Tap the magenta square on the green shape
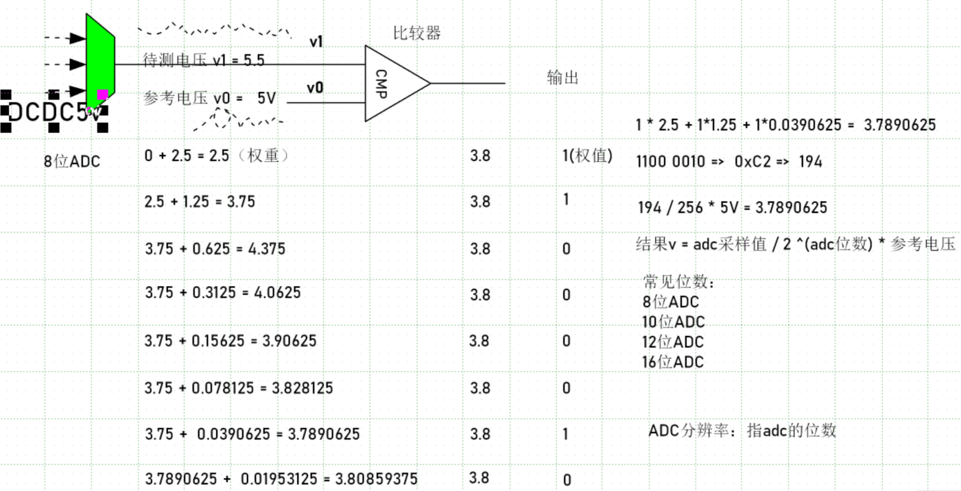(102, 95)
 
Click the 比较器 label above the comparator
(416, 33)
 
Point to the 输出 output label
(562, 77)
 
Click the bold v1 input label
(316, 42)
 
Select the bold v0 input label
(316, 88)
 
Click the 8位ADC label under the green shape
(72, 162)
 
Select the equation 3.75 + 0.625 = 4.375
(215, 248)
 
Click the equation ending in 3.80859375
(281, 479)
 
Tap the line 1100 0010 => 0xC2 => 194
(729, 162)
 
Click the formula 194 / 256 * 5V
(733, 207)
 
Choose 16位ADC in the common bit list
(673, 362)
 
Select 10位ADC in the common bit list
(673, 322)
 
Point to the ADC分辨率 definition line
(742, 431)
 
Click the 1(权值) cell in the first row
(587, 156)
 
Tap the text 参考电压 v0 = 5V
(210, 98)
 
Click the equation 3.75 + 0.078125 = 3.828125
(239, 388)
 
